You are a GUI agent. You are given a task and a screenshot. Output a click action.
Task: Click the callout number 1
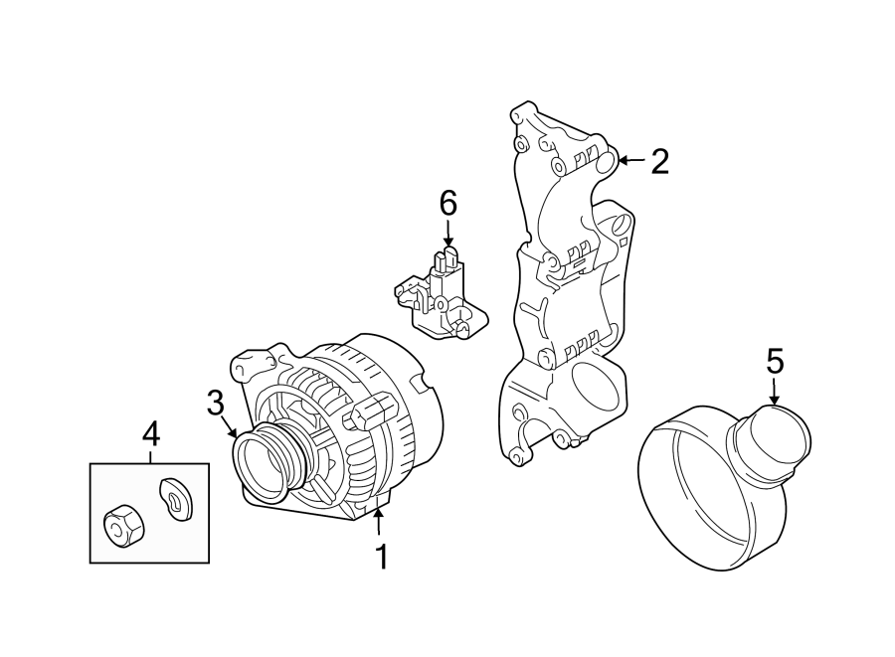(381, 558)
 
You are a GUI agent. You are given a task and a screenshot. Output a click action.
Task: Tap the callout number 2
(659, 161)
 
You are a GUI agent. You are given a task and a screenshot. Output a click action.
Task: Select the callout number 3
(216, 403)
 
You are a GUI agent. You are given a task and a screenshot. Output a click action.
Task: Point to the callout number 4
(150, 433)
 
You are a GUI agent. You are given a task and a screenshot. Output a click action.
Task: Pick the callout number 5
(775, 361)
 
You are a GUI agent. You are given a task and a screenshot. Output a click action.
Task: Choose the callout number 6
(447, 204)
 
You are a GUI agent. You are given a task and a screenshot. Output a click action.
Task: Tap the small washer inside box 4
(176, 496)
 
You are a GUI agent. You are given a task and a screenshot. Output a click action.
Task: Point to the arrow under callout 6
(447, 236)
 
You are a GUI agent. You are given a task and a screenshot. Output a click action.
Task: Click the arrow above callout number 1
(379, 521)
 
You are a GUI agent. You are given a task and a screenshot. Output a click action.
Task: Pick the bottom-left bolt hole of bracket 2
(514, 456)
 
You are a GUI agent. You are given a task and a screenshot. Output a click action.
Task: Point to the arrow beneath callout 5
(775, 393)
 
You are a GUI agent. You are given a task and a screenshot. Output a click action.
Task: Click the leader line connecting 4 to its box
(150, 455)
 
